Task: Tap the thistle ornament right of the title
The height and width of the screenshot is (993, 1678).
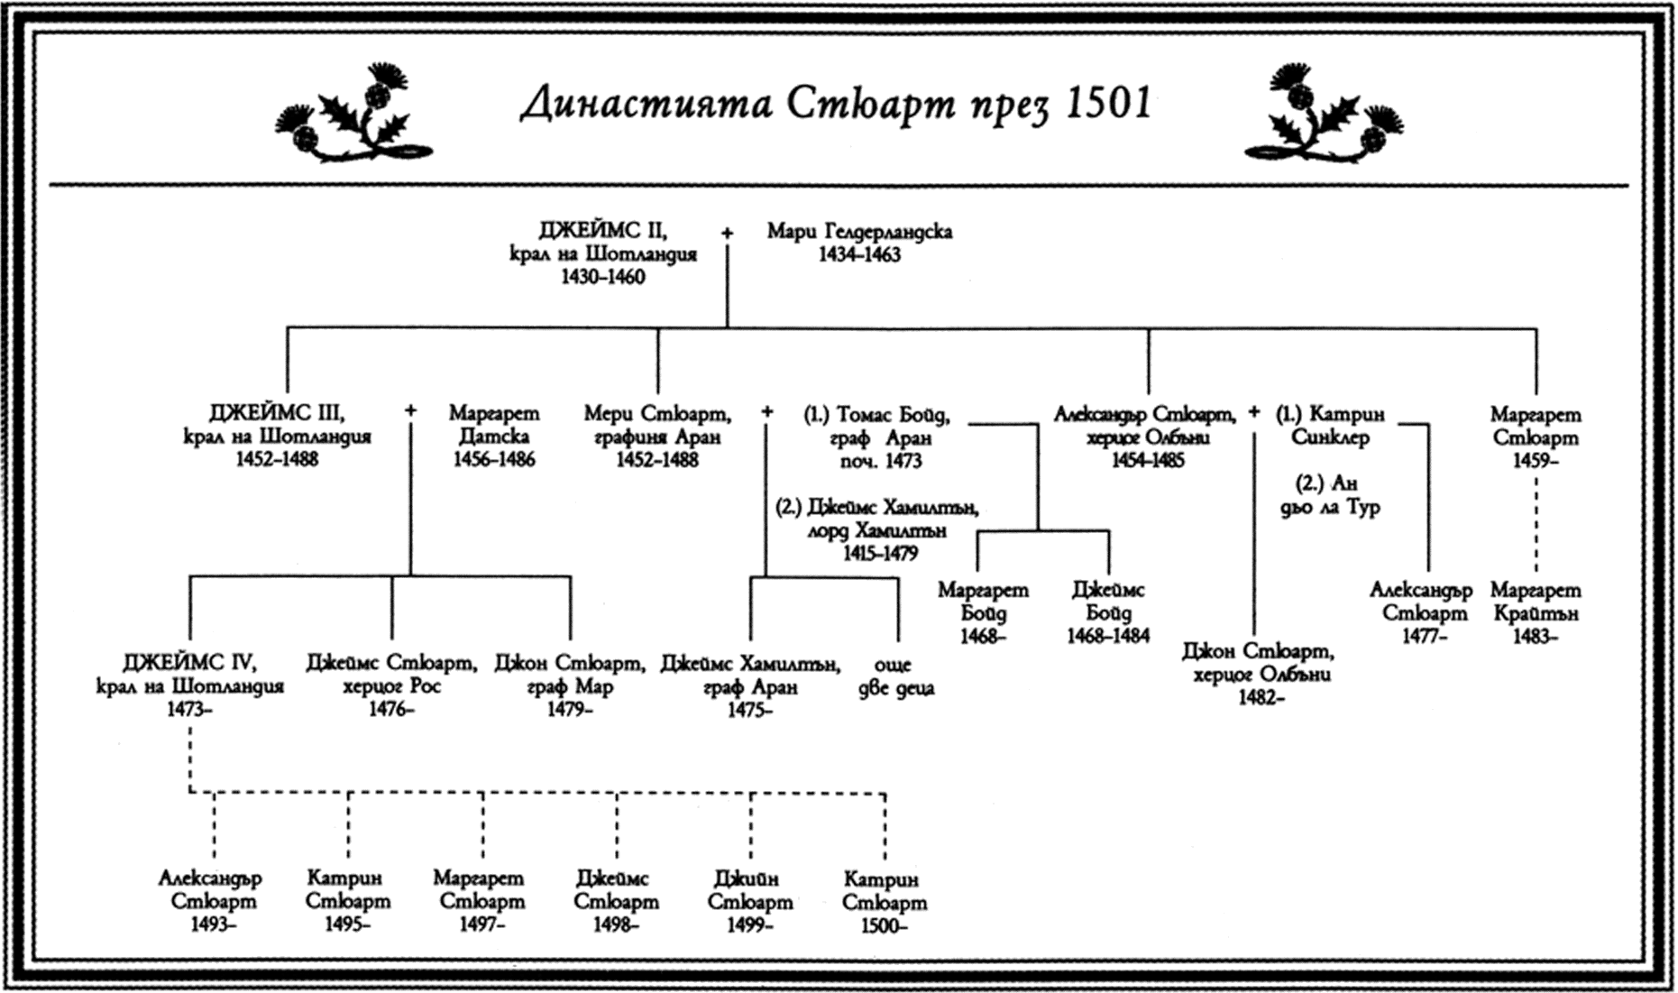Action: (1322, 115)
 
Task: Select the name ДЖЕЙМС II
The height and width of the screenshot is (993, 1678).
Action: (603, 231)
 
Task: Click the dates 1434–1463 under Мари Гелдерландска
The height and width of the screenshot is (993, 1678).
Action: (859, 255)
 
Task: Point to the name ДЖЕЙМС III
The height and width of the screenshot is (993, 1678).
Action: (277, 414)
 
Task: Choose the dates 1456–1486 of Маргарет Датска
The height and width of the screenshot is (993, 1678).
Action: (493, 460)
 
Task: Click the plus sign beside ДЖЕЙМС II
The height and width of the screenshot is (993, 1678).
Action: (727, 233)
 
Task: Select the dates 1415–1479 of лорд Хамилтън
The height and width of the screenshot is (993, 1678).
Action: (880, 554)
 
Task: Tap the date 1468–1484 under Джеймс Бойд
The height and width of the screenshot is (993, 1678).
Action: (1108, 637)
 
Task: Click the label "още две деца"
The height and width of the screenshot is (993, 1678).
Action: (894, 676)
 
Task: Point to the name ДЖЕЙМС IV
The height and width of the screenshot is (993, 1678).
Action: (190, 663)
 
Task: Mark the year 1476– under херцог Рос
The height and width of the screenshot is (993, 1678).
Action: (390, 710)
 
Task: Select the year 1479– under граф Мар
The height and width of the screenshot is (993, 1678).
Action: (569, 710)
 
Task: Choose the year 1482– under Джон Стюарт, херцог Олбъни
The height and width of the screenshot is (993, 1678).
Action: (1260, 697)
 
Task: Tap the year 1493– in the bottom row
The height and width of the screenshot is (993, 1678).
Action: (214, 924)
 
